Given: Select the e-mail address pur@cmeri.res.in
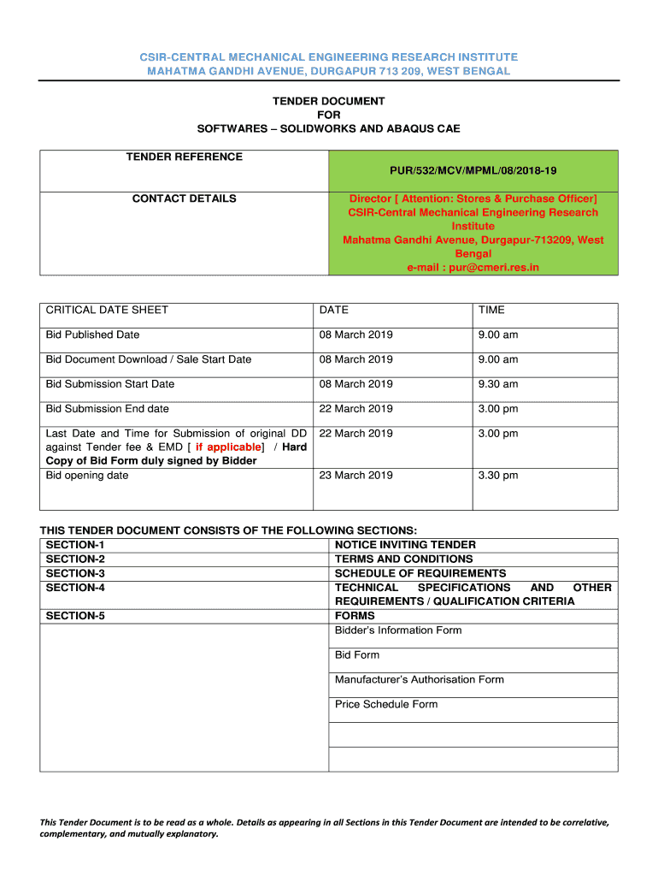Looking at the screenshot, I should tap(473, 268).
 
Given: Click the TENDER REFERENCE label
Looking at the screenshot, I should tap(184, 157).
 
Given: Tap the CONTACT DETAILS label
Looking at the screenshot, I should tap(184, 198).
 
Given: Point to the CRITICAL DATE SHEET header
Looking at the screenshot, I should tap(107, 310).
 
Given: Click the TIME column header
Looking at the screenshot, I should tap(491, 310).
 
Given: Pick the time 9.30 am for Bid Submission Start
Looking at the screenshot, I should tap(497, 384).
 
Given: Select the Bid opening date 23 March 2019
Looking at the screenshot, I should tap(355, 475).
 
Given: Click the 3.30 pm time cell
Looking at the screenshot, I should tap(497, 475).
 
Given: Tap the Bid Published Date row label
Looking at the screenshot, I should tap(92, 334).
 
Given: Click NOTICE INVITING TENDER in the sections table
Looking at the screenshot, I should tap(405, 545).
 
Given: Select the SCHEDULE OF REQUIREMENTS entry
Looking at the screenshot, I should tap(420, 573).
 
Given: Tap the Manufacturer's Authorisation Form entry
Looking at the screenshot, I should tap(419, 680).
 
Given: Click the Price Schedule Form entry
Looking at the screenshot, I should tap(385, 705).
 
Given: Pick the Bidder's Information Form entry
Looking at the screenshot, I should tap(397, 630).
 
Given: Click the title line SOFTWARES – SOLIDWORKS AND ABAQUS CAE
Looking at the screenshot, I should tap(328, 128).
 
